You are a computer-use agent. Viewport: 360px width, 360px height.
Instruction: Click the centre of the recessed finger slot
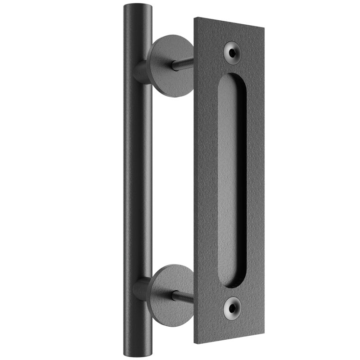click(x=231, y=180)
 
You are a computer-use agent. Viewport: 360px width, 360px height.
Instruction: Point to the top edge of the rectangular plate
click(x=229, y=23)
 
